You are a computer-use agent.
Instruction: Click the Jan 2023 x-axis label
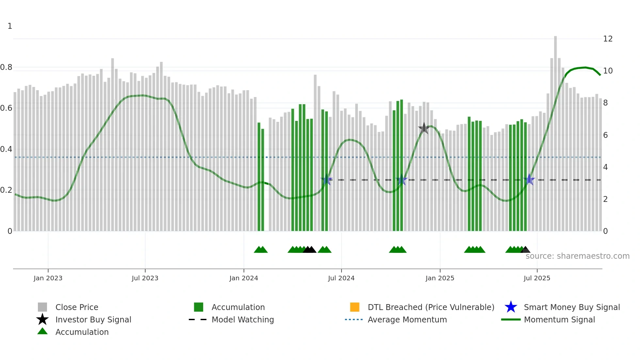tap(48, 278)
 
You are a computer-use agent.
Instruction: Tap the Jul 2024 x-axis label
tap(341, 278)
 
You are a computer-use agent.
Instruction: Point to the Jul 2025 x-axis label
tap(537, 278)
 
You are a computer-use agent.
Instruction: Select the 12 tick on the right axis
tap(608, 39)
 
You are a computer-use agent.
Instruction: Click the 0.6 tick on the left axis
tap(6, 108)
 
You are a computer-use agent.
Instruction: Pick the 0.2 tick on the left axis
tap(6, 190)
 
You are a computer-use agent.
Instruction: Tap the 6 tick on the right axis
tap(605, 135)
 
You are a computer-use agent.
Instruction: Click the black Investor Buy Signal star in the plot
tap(424, 128)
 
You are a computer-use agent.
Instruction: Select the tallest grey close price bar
tap(555, 131)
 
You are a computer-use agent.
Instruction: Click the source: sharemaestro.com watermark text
tap(577, 256)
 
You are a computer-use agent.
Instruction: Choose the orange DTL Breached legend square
tap(355, 307)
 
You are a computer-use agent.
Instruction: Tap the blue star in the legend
tap(511, 307)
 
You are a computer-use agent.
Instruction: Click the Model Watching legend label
tap(243, 320)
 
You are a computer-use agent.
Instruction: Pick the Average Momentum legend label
tap(407, 320)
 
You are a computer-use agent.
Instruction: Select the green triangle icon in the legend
tap(42, 332)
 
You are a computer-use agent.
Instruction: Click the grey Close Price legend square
tap(42, 307)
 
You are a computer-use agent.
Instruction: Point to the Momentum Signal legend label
tap(559, 320)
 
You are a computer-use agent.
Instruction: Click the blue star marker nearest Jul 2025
tap(529, 180)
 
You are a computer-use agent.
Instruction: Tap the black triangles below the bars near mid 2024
tap(309, 250)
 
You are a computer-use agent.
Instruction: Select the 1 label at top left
tap(10, 26)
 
